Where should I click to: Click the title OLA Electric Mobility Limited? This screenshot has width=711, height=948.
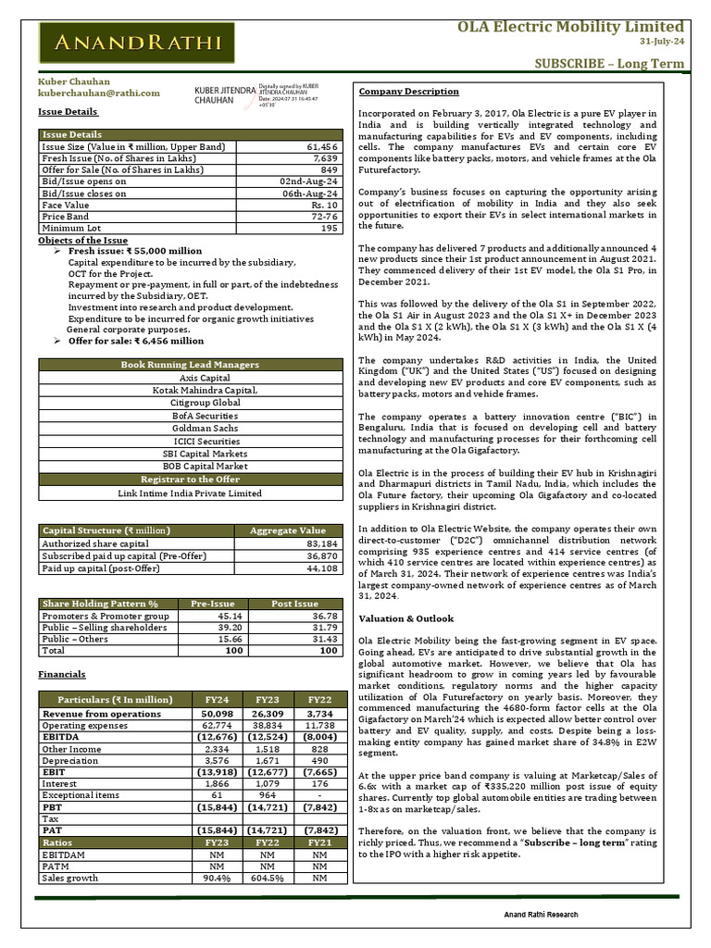(x=571, y=26)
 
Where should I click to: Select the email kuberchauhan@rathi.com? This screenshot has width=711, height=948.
(x=98, y=93)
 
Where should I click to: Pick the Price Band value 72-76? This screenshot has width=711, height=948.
(x=323, y=215)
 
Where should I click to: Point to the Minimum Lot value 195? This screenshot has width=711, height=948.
(x=330, y=228)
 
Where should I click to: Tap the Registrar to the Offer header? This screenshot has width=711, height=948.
(x=190, y=480)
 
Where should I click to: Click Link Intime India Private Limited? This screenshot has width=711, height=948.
(x=190, y=493)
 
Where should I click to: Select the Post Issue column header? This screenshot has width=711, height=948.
(x=294, y=603)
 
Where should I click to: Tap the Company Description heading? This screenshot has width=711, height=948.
(x=408, y=92)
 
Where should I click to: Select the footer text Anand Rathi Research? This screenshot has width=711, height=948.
(x=541, y=915)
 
